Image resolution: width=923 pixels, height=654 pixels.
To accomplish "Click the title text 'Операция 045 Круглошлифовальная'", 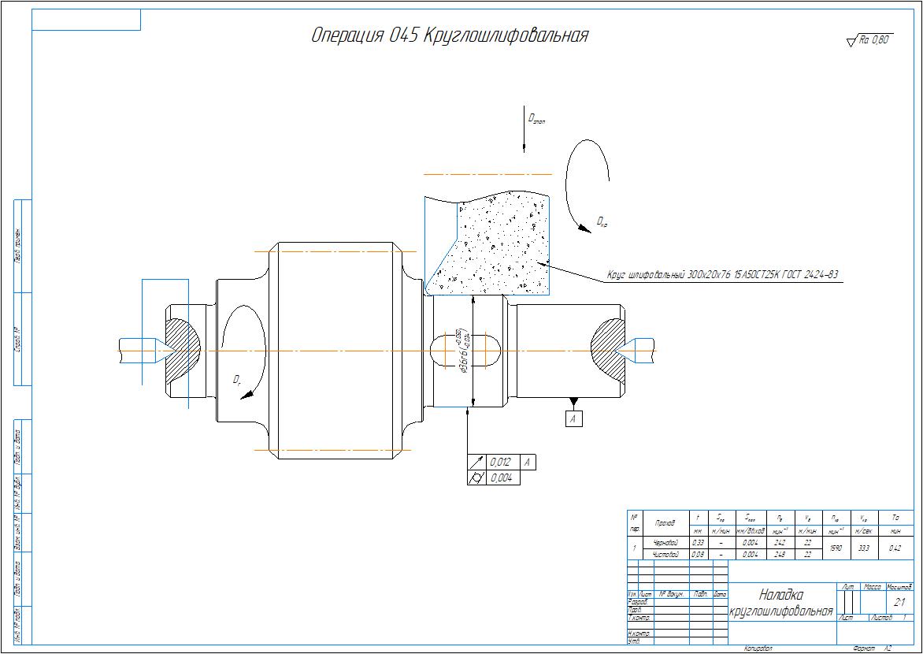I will tap(450, 36).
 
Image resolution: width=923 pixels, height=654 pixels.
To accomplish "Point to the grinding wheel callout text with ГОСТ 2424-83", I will tap(721, 275).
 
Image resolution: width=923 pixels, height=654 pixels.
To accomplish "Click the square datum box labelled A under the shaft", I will tap(574, 419).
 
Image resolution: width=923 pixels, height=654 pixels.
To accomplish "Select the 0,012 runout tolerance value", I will tap(499, 463).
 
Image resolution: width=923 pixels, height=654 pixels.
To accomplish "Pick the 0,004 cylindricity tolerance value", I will tap(499, 477).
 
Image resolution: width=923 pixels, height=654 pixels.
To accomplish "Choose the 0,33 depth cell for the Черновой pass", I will tap(698, 543).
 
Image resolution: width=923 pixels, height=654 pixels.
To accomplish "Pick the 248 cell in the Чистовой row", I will tap(780, 555).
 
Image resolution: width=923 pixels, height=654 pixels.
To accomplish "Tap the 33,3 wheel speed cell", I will tap(864, 548).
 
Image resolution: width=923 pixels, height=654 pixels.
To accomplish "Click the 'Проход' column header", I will tap(665, 523).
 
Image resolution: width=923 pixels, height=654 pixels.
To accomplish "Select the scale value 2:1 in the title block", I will tap(900, 602).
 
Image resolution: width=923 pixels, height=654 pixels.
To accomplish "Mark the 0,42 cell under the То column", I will tap(895, 548).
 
